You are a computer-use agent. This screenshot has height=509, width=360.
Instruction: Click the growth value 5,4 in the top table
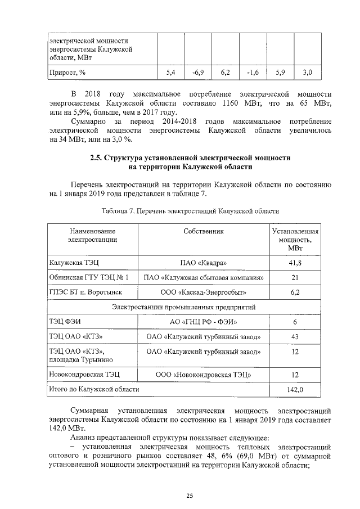[x=172, y=73]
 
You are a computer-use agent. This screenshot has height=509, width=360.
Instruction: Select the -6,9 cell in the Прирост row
[x=198, y=73]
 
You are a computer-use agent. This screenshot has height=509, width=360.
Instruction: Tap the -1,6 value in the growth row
[x=253, y=73]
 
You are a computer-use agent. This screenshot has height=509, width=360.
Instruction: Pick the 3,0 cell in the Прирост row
[x=307, y=73]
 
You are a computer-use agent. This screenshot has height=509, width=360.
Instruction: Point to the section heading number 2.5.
[x=98, y=159]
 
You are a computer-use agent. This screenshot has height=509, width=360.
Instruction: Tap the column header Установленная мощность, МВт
[x=295, y=240]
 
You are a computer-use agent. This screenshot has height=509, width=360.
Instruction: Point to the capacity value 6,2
[x=295, y=292]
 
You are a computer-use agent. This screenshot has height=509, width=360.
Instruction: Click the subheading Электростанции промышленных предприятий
[x=183, y=307]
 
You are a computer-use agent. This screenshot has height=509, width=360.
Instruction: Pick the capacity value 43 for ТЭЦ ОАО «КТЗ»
[x=295, y=337]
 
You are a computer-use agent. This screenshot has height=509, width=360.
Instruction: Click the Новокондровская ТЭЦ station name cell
[x=84, y=374]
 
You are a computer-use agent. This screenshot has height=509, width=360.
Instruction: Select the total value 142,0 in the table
[x=295, y=389]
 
